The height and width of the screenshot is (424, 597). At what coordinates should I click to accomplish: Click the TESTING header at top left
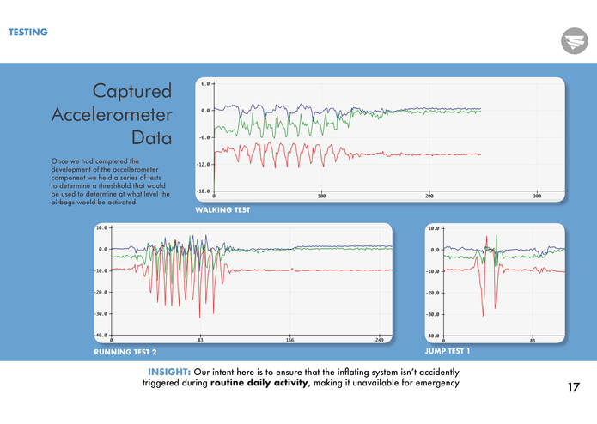[x=27, y=33]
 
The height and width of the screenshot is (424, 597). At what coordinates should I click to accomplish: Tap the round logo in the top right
[x=573, y=40]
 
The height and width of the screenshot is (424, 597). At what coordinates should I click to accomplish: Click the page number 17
[x=574, y=387]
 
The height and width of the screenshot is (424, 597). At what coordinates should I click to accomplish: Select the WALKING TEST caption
[x=222, y=210]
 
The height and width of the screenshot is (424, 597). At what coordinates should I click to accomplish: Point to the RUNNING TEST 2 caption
[x=125, y=352]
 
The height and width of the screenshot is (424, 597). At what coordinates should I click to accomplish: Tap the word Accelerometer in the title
[x=112, y=114]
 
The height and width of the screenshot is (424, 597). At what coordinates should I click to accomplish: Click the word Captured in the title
[x=132, y=91]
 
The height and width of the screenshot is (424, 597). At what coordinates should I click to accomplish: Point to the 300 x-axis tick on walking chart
[x=537, y=197]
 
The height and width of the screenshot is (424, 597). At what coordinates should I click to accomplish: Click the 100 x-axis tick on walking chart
[x=321, y=197]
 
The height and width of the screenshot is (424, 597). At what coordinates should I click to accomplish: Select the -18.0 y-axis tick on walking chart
[x=204, y=191]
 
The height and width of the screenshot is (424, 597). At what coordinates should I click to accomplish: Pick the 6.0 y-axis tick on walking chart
[x=205, y=84]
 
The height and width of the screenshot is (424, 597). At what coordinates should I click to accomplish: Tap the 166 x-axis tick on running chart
[x=289, y=341]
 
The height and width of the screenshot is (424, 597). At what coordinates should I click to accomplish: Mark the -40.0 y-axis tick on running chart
[x=101, y=336]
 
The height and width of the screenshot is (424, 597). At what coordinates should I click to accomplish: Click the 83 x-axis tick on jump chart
[x=533, y=341]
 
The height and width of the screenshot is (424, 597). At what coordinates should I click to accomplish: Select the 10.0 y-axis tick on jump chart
[x=435, y=228]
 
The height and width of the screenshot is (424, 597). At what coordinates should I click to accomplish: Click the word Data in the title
[x=151, y=137]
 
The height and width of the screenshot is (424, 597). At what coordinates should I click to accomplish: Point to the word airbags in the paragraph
[x=63, y=203]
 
